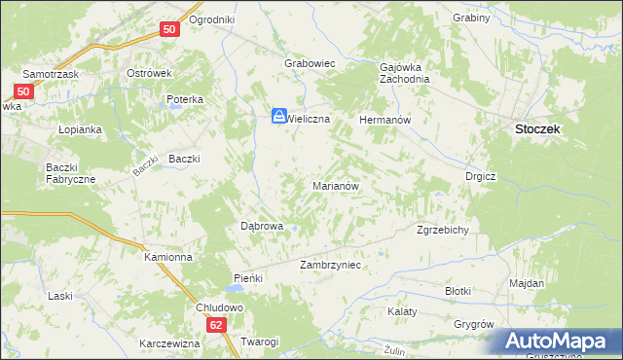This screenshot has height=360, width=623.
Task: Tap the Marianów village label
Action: click(337, 185)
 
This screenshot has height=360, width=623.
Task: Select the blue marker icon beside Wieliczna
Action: click(278, 116)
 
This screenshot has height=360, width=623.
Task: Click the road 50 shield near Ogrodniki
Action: click(169, 30)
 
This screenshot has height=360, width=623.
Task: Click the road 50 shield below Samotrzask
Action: click(25, 92)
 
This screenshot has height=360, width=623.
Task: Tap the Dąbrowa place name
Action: click(261, 226)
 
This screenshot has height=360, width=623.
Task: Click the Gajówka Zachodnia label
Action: click(404, 74)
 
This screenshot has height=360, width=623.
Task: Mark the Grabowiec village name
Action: click(310, 63)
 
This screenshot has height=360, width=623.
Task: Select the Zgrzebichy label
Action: click(444, 231)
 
